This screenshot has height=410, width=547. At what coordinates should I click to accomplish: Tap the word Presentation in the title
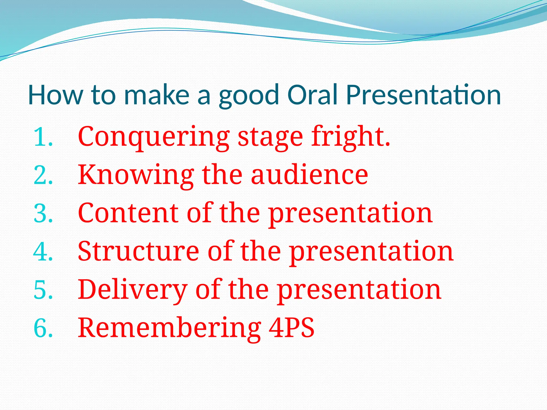click(x=423, y=95)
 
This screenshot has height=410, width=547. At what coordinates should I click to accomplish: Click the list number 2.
click(x=43, y=175)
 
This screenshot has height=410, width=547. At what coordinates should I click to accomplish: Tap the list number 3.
click(x=43, y=214)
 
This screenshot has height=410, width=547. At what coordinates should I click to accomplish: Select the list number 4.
click(x=43, y=252)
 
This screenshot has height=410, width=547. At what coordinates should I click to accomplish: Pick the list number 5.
click(x=43, y=290)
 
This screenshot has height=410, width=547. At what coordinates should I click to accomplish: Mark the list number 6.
click(x=43, y=328)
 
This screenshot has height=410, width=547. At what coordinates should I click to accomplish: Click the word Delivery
click(x=132, y=290)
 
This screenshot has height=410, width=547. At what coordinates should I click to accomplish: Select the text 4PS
click(x=291, y=328)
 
